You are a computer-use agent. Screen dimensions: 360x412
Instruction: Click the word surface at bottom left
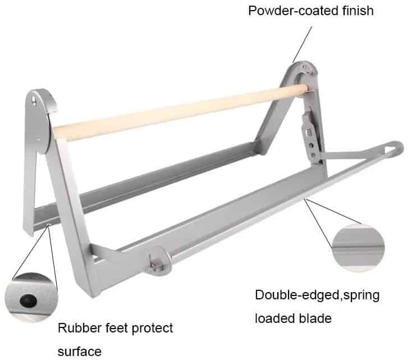point(79,349)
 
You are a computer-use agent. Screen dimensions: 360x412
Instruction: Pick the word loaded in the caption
point(276,318)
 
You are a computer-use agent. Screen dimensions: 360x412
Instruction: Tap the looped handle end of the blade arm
point(393,149)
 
